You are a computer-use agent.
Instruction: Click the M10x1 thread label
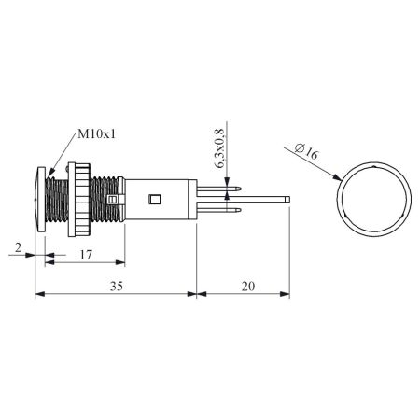[96, 134]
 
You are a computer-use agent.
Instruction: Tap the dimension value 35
[117, 286]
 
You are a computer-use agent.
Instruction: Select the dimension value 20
[248, 286]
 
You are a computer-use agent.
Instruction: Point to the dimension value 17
[86, 255]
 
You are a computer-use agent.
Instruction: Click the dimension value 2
[19, 247]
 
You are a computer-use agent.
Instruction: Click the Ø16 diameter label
[307, 151]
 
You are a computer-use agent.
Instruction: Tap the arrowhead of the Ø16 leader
[338, 178]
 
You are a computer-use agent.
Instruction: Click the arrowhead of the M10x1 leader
[49, 174]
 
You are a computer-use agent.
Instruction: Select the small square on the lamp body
[155, 199]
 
